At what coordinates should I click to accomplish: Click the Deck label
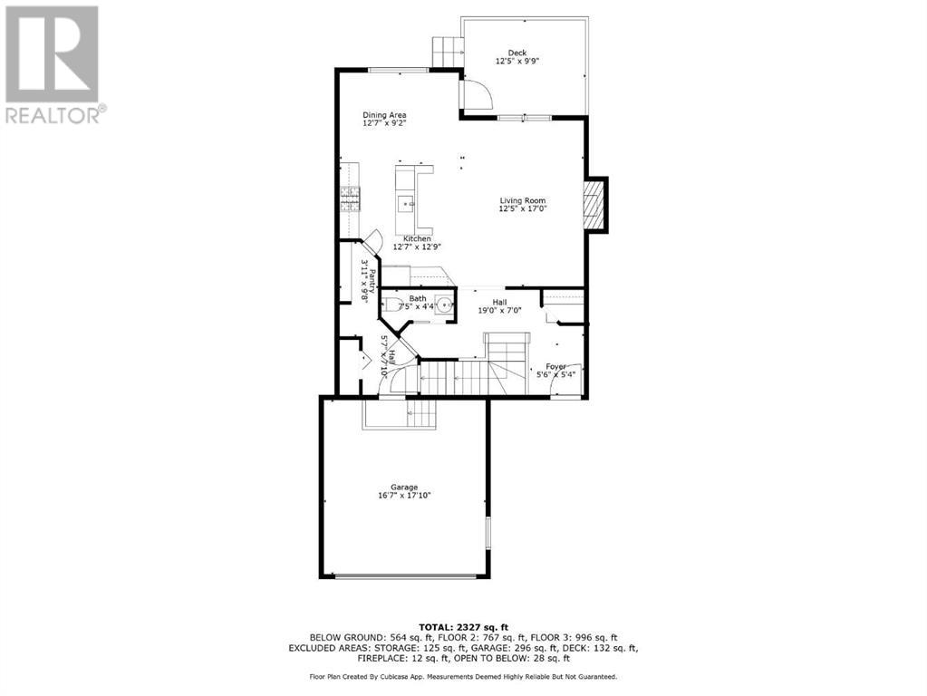[517, 53]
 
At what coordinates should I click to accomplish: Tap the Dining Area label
[384, 115]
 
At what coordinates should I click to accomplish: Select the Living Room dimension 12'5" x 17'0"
[522, 208]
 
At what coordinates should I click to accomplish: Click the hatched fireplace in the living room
[593, 203]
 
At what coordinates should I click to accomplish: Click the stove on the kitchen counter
[350, 197]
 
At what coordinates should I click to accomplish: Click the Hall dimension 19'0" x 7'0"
[499, 311]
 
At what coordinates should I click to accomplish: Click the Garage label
[404, 488]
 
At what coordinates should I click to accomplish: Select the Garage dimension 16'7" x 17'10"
[404, 496]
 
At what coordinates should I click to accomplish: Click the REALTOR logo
[53, 63]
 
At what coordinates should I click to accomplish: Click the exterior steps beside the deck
[446, 52]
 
